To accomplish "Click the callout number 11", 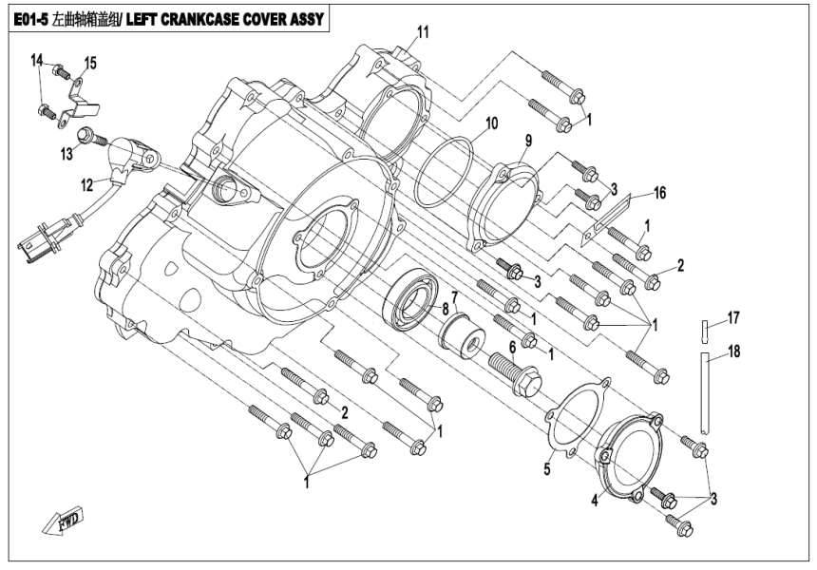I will pos(422,32).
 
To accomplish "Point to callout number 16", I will pos(660,192).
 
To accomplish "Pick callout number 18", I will pos(733,351).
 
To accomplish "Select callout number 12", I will pos(86,183).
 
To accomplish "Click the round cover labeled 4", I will pos(627,461).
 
